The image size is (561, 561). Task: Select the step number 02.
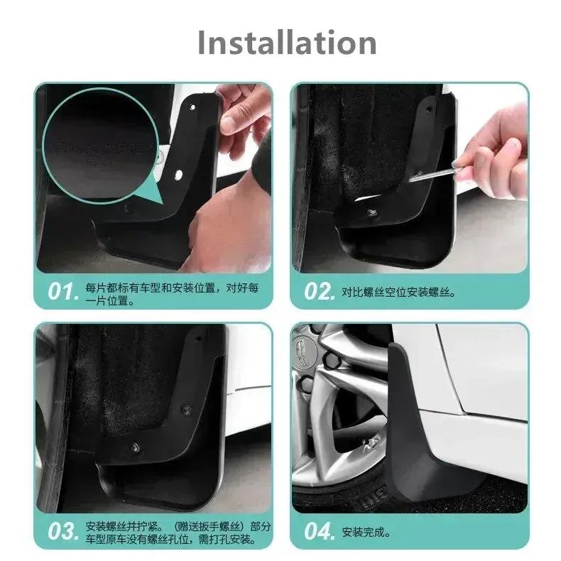pyautogui.click(x=319, y=292)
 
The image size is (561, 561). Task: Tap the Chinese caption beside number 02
pyautogui.click(x=398, y=292)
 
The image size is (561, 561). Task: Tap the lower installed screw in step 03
pyautogui.click(x=135, y=447)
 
